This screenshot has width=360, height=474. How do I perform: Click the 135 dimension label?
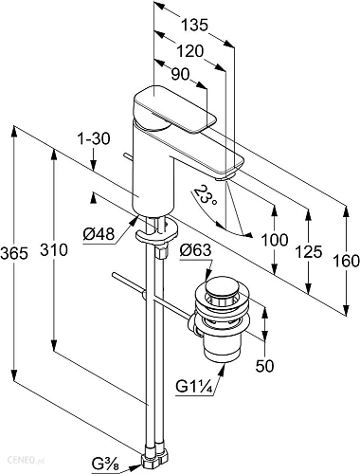(195, 25)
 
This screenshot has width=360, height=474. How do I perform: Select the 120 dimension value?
(189, 51)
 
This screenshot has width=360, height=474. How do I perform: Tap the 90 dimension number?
(180, 75)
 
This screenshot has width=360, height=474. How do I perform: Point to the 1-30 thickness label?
(94, 138)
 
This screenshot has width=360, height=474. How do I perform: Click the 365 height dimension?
(14, 253)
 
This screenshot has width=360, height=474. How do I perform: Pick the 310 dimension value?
(54, 249)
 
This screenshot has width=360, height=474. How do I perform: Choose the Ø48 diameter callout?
(99, 234)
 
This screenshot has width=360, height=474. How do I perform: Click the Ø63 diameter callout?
(195, 251)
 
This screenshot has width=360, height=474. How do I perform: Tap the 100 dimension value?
(275, 240)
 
